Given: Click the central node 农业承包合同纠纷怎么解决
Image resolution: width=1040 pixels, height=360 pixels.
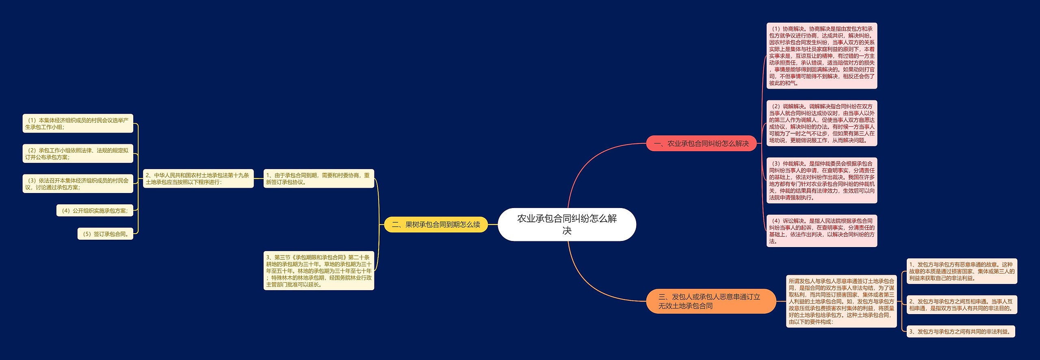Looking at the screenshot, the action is (567, 224).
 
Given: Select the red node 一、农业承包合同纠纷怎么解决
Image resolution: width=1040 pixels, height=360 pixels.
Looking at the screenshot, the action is (701, 143).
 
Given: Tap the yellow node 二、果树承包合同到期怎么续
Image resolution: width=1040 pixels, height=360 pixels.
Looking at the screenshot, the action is (436, 224).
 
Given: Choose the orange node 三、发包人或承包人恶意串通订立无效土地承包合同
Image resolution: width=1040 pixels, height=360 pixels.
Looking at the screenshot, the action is (711, 301).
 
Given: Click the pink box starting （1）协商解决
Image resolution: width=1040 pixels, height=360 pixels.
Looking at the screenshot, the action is (821, 56).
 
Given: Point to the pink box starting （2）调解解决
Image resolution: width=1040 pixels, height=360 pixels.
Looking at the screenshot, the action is (821, 123).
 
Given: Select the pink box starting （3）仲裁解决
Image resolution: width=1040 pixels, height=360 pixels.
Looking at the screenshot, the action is (821, 180).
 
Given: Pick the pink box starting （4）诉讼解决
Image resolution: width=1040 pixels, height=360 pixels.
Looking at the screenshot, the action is (821, 231).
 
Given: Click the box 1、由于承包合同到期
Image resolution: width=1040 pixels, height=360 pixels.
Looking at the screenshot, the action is (318, 178).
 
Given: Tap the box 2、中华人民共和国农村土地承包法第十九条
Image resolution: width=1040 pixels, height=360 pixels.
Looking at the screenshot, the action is (198, 178).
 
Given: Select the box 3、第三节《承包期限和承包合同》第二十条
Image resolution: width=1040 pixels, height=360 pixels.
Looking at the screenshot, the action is (318, 271).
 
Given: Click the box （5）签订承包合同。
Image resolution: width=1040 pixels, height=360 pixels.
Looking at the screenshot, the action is (105, 234).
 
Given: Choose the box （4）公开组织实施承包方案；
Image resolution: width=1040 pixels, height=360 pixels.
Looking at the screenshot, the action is (95, 210).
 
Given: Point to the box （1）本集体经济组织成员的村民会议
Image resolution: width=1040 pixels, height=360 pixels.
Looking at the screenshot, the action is (78, 124).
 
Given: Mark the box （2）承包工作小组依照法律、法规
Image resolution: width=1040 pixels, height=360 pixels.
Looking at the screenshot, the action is (78, 154).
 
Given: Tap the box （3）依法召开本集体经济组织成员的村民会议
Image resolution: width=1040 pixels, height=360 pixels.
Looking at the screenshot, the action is (78, 184).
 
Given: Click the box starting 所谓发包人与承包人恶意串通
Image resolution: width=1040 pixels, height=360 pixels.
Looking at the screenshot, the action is (841, 301).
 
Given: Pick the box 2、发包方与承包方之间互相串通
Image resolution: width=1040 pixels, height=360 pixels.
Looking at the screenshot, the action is (962, 305).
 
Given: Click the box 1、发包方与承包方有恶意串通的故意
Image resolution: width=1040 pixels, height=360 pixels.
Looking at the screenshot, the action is (962, 271).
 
